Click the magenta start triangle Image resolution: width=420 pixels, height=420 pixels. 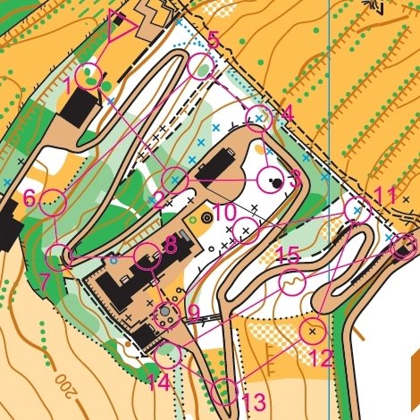pyautogui.click(x=120, y=26)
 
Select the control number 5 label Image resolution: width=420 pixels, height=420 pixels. pyautogui.click(x=213, y=39)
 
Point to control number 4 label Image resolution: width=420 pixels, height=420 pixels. pyautogui.click(x=286, y=113)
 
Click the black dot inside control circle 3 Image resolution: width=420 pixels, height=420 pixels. pyautogui.click(x=278, y=182)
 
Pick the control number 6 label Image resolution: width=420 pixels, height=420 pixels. pyautogui.click(x=29, y=198)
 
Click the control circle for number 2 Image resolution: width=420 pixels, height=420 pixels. pyautogui.click(x=175, y=179)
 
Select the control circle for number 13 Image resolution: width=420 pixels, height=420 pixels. pyautogui.click(x=227, y=391)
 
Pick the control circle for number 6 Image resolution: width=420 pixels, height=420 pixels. pyautogui.click(x=55, y=202)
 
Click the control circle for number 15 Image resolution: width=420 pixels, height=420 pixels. pyautogui.click(x=291, y=283)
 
